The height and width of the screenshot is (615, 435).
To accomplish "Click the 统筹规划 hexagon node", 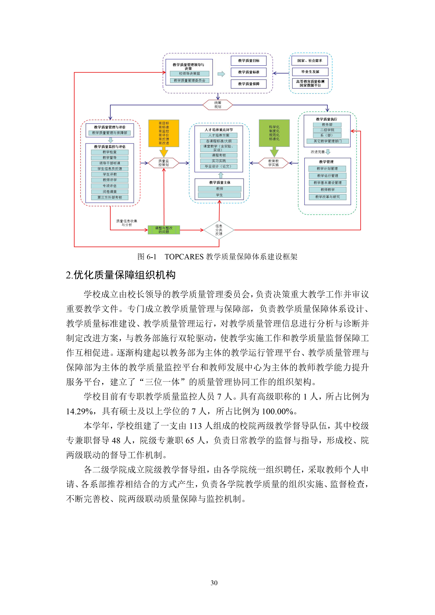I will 218,105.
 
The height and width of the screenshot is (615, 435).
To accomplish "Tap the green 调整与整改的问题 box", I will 164,230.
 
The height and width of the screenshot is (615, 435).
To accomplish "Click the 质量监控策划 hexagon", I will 164,163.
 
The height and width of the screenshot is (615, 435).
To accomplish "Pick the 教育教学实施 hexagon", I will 273,163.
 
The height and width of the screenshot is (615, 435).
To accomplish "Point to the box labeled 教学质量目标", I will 248,61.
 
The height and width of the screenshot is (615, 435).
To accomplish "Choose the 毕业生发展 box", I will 310,72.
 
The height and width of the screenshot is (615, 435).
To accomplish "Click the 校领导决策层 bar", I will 190,74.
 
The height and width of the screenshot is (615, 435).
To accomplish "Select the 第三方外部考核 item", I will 110,197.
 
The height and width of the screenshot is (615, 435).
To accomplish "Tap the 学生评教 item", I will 110,174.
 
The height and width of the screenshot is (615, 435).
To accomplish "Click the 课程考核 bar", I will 219,155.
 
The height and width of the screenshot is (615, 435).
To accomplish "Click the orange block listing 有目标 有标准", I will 164,133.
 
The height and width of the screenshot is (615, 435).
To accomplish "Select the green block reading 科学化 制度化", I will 274,133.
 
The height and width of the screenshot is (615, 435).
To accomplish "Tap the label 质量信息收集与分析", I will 127,223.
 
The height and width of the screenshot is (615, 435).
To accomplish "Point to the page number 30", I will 214,583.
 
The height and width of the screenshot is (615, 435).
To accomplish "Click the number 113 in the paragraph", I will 195,426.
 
